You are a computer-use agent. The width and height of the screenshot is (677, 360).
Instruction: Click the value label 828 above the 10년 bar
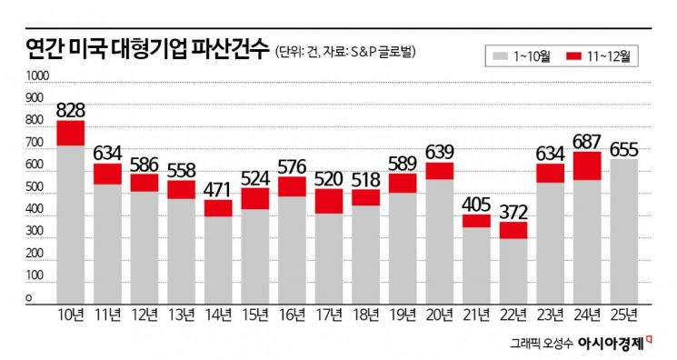tap(70, 110)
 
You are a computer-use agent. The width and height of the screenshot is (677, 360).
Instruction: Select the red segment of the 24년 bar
tap(588, 165)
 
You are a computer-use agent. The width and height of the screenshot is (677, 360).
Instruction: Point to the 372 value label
tap(514, 210)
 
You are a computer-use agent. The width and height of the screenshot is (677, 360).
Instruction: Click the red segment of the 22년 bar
tap(514, 230)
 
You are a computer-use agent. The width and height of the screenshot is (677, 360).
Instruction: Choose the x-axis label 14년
tap(218, 315)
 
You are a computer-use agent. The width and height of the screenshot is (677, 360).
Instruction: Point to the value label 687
tap(588, 141)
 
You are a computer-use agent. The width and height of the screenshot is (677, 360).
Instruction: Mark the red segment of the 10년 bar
tap(70, 133)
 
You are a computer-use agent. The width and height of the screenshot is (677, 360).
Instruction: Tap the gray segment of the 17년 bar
tap(330, 258)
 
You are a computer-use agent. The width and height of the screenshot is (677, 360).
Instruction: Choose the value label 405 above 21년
tap(477, 203)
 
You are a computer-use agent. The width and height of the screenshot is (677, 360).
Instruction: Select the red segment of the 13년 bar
tap(182, 189)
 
